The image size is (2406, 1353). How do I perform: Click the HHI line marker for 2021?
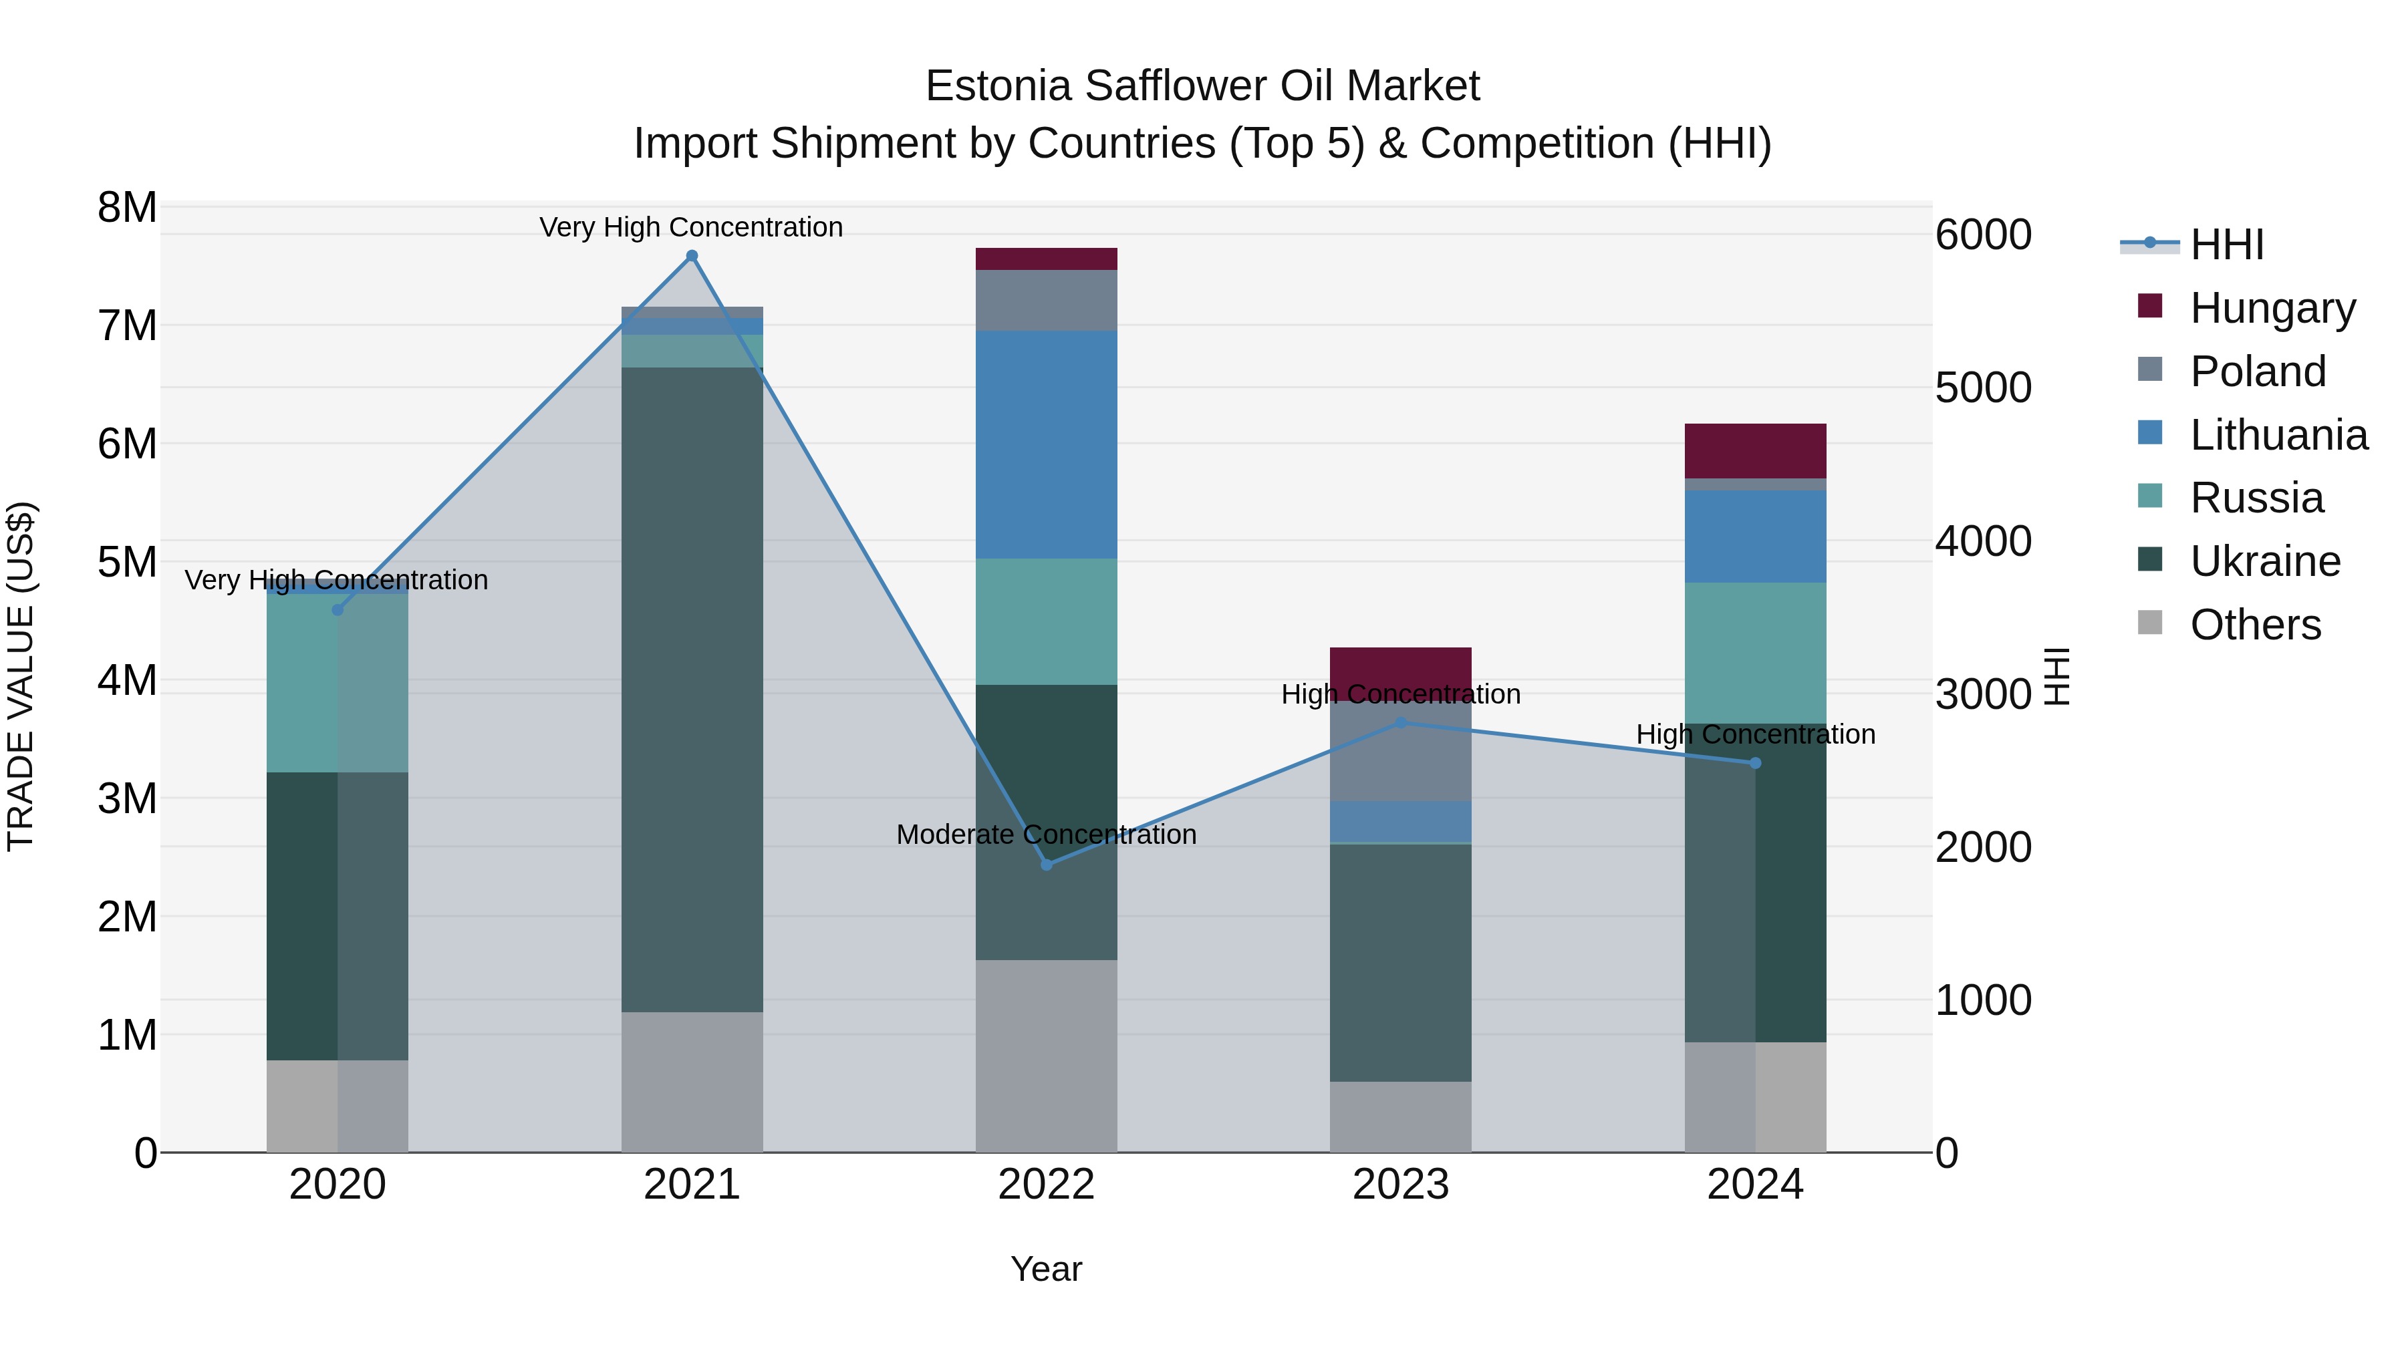[x=692, y=256]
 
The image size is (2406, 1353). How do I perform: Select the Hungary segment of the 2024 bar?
[x=1755, y=451]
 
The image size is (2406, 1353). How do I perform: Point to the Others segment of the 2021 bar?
[x=692, y=1082]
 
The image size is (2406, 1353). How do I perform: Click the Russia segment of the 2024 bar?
[x=1755, y=653]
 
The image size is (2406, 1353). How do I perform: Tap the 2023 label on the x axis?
[x=1400, y=1185]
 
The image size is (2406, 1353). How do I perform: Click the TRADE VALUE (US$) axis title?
[x=21, y=676]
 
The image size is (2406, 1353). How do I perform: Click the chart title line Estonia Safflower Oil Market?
[x=1202, y=86]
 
